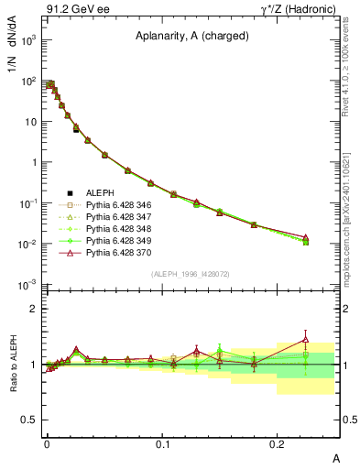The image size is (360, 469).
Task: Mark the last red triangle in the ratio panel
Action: pyautogui.click(x=306, y=339)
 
